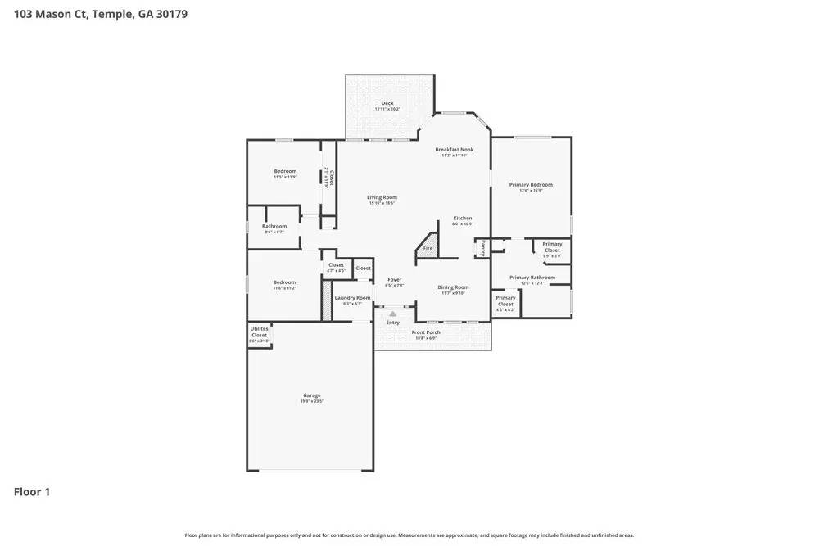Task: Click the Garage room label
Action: [x=311, y=395]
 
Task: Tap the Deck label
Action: [x=387, y=104]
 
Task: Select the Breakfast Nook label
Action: [x=454, y=150]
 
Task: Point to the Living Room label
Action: [x=382, y=197]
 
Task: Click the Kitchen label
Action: [x=463, y=219]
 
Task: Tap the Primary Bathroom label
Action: [x=532, y=278]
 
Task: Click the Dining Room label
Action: [x=453, y=287]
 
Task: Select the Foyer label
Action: [x=394, y=280]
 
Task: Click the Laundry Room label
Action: [x=352, y=298]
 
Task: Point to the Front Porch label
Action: [x=426, y=332]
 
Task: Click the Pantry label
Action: [x=483, y=246]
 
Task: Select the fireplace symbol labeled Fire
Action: [x=427, y=247]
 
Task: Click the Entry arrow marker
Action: [x=393, y=314]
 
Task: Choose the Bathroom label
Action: [x=274, y=227]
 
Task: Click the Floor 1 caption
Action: [x=32, y=492]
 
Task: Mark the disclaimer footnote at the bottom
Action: [x=409, y=535]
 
